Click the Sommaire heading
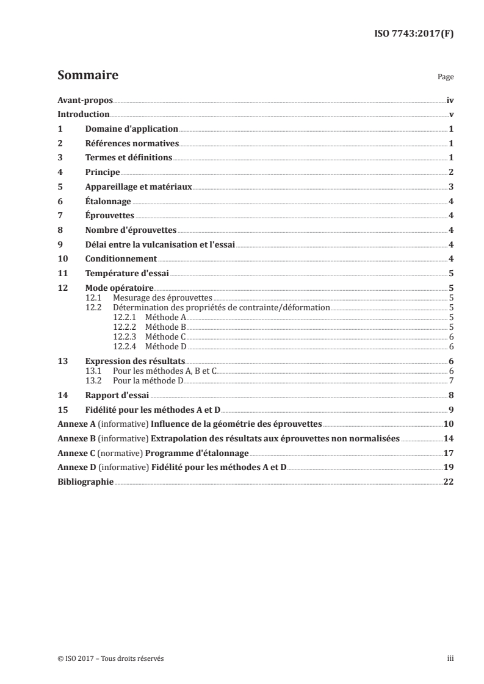(x=87, y=76)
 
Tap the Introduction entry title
(x=84, y=115)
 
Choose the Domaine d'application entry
(x=131, y=129)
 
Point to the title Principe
(x=102, y=173)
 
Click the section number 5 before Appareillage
(x=60, y=187)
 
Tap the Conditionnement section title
(x=121, y=259)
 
